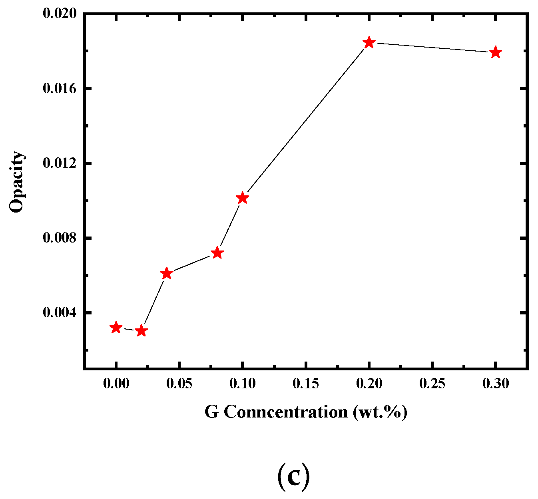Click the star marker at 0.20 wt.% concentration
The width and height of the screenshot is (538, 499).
(369, 43)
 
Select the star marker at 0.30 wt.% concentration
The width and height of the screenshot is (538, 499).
(495, 52)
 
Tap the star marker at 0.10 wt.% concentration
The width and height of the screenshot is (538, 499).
(242, 198)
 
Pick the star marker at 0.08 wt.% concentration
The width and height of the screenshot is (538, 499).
(217, 253)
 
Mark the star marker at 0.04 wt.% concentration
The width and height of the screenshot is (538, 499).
(166, 274)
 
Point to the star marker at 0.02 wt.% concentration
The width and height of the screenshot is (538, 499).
(141, 331)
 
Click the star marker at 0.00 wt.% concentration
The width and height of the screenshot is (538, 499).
(116, 328)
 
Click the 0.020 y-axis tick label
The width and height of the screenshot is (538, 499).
(59, 14)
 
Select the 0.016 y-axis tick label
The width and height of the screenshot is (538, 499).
(59, 88)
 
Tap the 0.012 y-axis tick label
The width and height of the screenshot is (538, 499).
(59, 163)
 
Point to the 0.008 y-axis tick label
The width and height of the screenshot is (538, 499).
(59, 238)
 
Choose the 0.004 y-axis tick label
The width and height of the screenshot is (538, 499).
(59, 313)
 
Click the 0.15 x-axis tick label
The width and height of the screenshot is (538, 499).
(306, 384)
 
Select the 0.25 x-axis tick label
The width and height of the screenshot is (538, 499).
(432, 384)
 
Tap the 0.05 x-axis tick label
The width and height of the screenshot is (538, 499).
(179, 384)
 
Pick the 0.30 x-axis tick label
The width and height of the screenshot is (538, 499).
(496, 384)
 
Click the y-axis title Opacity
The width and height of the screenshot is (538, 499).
(17, 182)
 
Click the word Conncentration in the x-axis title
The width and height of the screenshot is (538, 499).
(285, 412)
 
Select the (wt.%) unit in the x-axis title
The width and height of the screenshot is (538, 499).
(380, 412)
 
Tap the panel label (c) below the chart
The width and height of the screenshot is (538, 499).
(293, 476)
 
